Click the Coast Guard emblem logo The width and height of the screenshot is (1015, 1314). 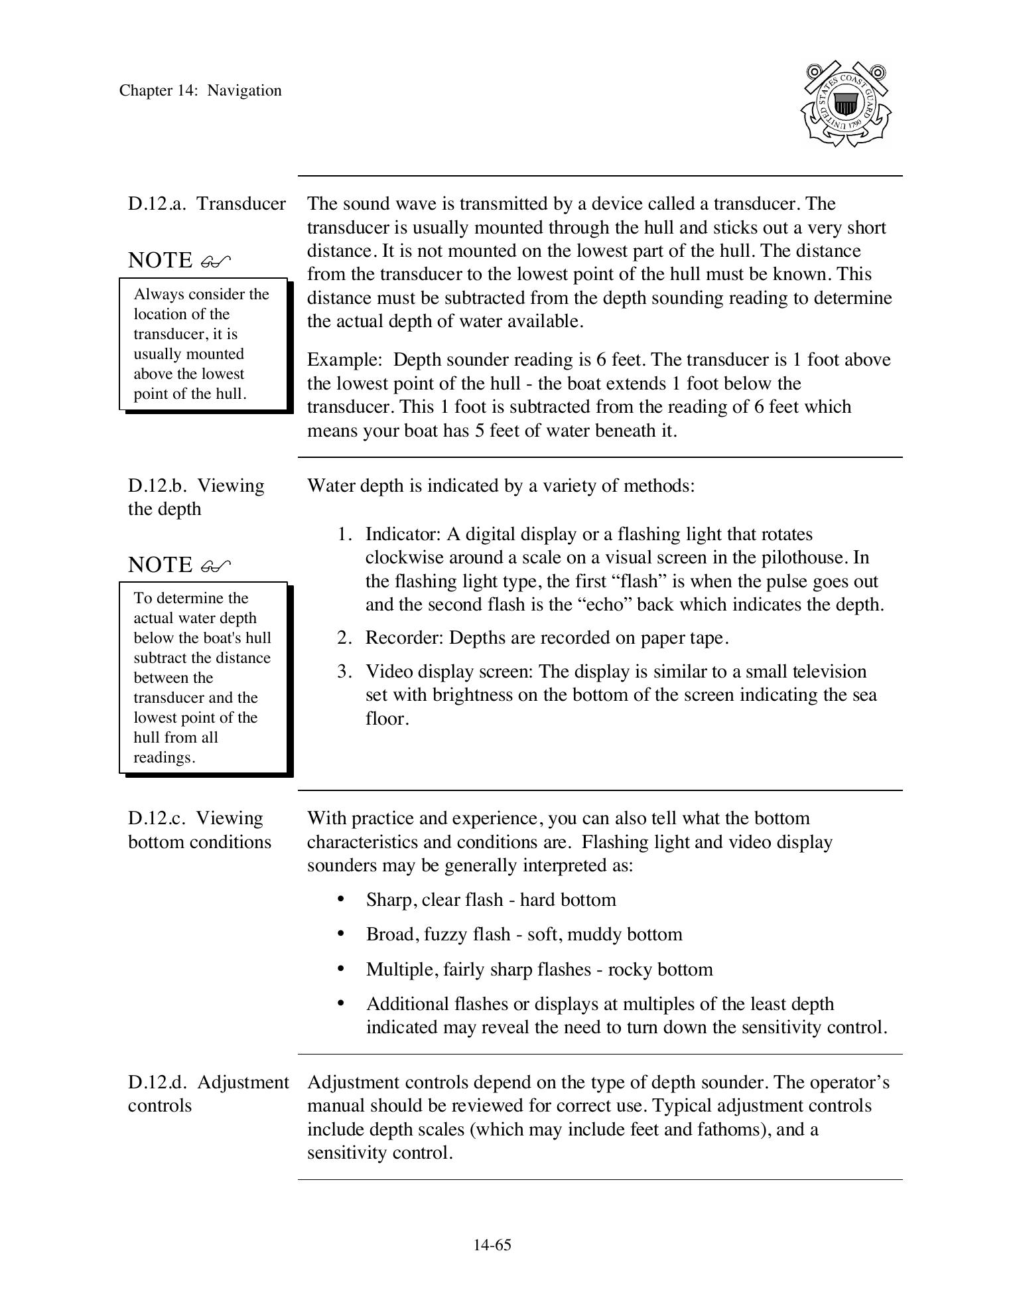click(x=845, y=104)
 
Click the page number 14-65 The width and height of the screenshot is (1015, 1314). click(x=492, y=1245)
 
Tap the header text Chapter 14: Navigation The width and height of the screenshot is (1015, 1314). click(x=200, y=91)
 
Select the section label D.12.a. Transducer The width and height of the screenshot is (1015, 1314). click(x=206, y=204)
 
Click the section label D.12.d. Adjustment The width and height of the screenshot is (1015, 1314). click(x=208, y=1082)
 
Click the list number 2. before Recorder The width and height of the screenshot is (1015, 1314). click(x=344, y=638)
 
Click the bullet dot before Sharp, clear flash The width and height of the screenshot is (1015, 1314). click(x=341, y=899)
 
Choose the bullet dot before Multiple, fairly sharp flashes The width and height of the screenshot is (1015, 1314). click(x=341, y=968)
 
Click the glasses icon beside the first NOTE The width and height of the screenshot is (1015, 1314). click(x=216, y=261)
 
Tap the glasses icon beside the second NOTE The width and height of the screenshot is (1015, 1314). click(x=216, y=566)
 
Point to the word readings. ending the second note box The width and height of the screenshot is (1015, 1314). click(x=164, y=758)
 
